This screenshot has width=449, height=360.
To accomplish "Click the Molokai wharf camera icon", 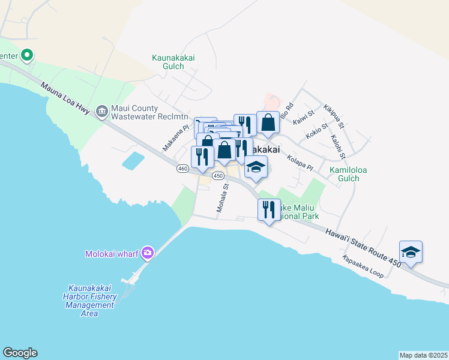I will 148,253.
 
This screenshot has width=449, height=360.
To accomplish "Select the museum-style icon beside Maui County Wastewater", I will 101,112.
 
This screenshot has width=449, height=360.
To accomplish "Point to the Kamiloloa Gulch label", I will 335,175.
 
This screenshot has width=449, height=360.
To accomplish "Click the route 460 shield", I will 183,169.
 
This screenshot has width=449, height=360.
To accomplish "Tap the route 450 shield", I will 218,175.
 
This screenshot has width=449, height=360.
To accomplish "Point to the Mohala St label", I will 223,198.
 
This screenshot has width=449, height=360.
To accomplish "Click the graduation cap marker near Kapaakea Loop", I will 411,251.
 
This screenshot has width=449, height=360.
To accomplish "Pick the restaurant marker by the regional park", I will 268,211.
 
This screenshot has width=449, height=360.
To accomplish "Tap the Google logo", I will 20,353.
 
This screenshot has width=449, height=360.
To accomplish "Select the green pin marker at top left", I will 27,56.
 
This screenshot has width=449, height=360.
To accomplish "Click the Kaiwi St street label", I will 304,116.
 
